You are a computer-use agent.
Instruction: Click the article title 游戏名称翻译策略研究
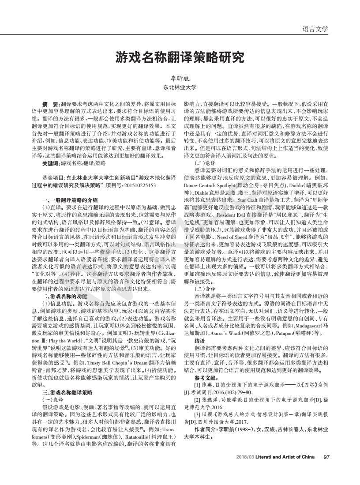(180, 57)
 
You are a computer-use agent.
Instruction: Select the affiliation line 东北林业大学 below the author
(180, 87)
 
